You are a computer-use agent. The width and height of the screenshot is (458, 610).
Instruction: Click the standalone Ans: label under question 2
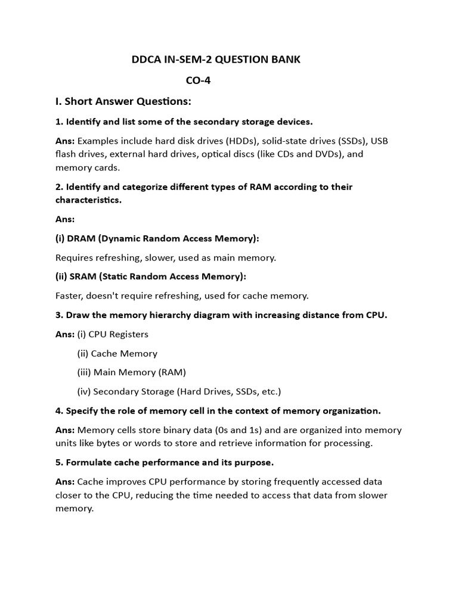pos(65,219)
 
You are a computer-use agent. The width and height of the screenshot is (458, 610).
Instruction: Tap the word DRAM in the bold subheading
pos(83,238)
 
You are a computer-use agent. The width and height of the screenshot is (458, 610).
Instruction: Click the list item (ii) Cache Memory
pos(117,353)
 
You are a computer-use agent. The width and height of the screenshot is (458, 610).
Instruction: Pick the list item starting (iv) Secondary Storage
pos(179,391)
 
